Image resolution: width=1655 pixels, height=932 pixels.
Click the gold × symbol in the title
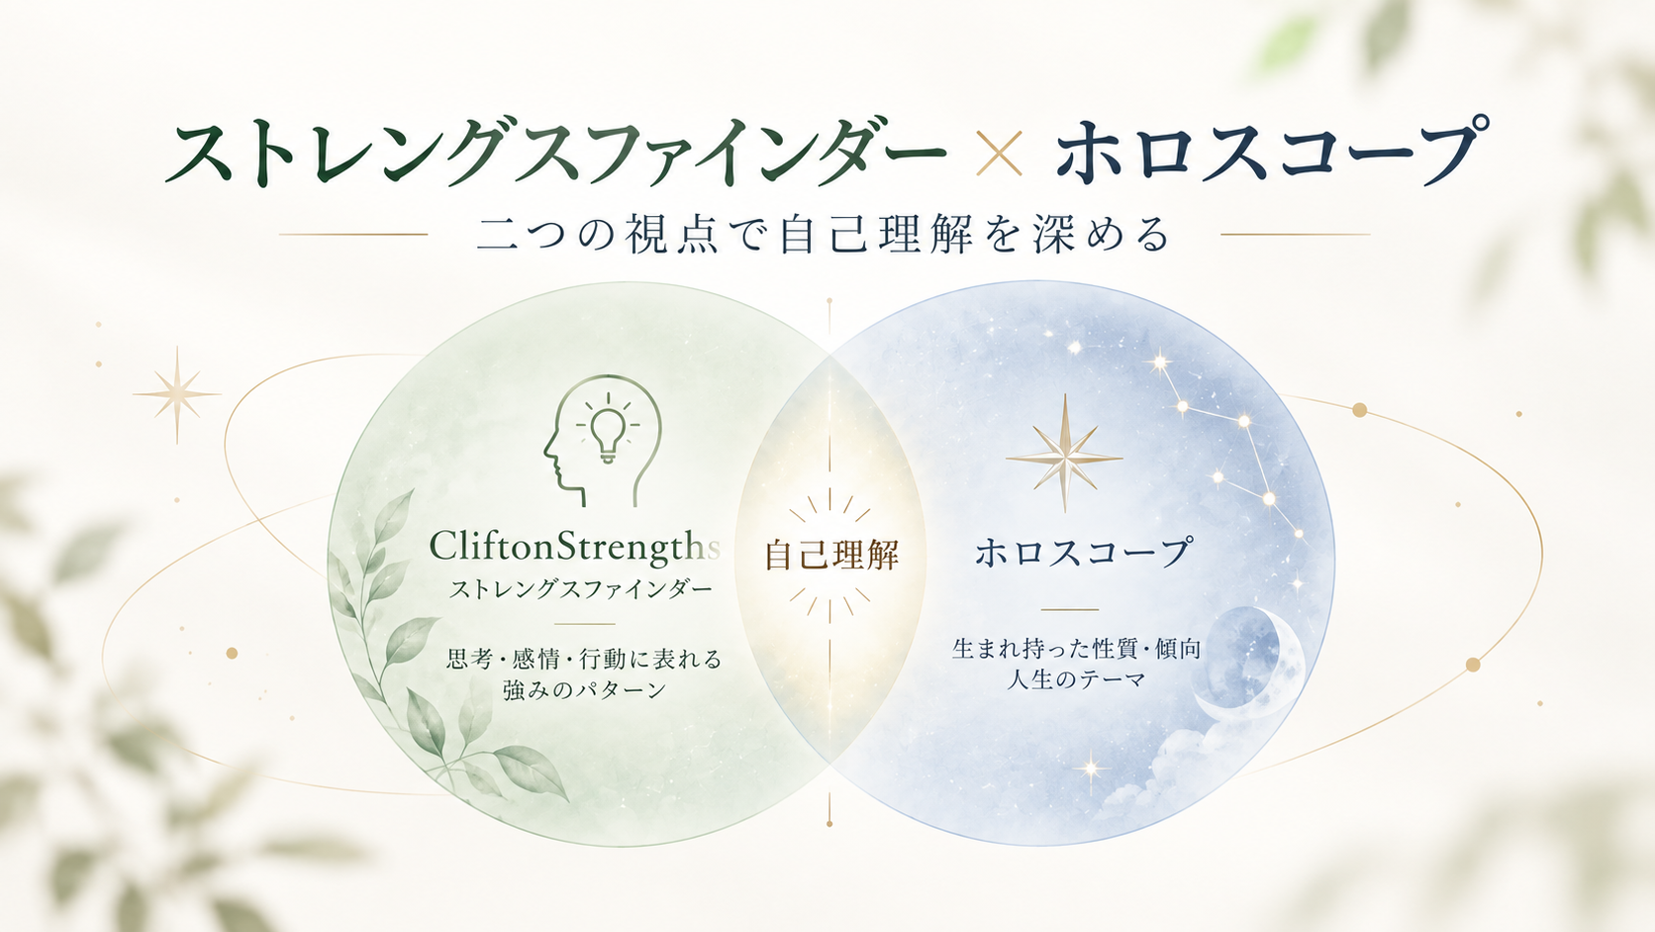[x=999, y=153]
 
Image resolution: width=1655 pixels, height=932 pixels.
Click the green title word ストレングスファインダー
[x=555, y=153]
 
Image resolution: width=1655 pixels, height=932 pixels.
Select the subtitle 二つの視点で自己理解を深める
[x=824, y=235]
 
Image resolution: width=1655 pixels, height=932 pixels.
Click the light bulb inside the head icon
[x=608, y=432]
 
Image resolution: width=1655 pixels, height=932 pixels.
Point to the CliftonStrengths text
[x=574, y=546]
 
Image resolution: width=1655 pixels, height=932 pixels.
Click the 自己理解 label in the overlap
[x=831, y=555]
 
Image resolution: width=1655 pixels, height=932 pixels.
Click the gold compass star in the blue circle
[x=1065, y=454]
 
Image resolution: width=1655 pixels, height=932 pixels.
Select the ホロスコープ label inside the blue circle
[x=1084, y=552]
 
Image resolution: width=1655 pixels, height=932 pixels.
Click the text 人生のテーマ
[x=1077, y=679]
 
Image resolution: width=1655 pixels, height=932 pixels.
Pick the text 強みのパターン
[x=584, y=689]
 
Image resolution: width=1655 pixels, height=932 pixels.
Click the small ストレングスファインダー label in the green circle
[x=581, y=589]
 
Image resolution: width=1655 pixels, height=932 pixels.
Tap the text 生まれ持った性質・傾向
[x=1077, y=648]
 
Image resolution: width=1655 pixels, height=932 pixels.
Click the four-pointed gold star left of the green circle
[x=176, y=394]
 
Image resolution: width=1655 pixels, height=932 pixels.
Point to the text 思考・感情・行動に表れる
[x=584, y=658]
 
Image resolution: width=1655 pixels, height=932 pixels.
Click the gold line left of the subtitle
[x=353, y=235]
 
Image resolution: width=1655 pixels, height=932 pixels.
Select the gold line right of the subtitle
[x=1295, y=235]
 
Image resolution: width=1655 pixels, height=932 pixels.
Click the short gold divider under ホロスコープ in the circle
[x=1070, y=610]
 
